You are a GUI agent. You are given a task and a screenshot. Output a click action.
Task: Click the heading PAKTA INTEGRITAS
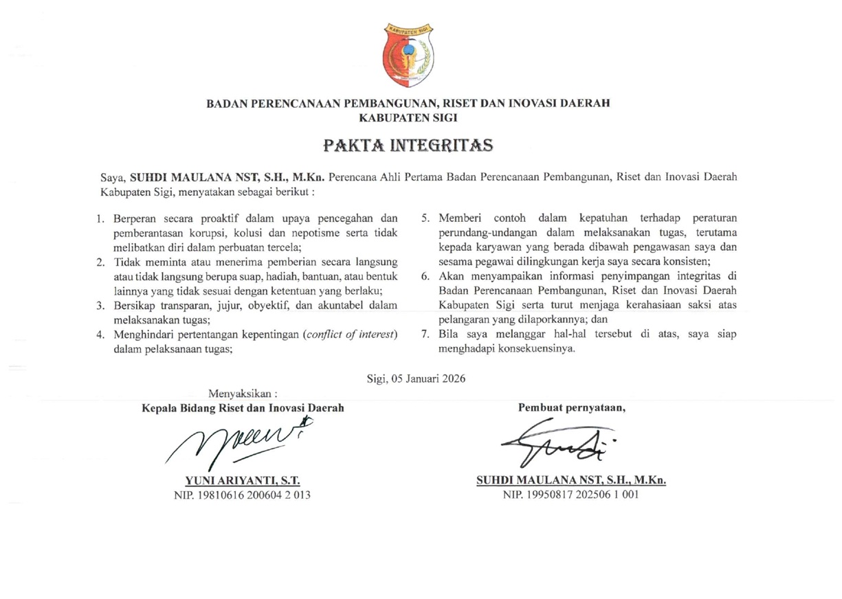(408, 146)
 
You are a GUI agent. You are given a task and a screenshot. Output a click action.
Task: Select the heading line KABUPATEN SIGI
(408, 117)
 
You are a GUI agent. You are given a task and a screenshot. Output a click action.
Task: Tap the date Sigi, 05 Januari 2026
(416, 377)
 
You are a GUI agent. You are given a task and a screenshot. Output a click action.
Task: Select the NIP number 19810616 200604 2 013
(247, 494)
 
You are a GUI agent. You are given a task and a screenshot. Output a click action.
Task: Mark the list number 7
(425, 335)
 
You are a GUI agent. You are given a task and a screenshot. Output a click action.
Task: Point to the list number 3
(100, 306)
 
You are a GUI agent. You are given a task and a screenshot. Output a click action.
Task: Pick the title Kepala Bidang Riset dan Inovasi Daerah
(243, 407)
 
